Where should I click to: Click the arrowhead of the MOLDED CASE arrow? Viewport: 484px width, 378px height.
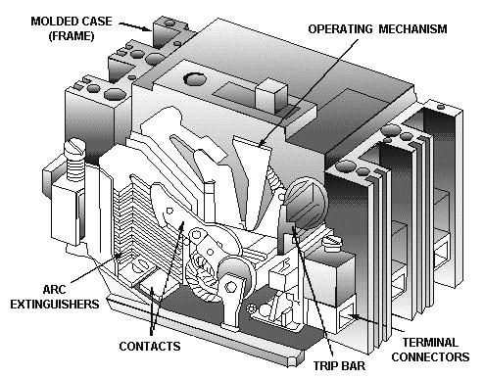(148, 32)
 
